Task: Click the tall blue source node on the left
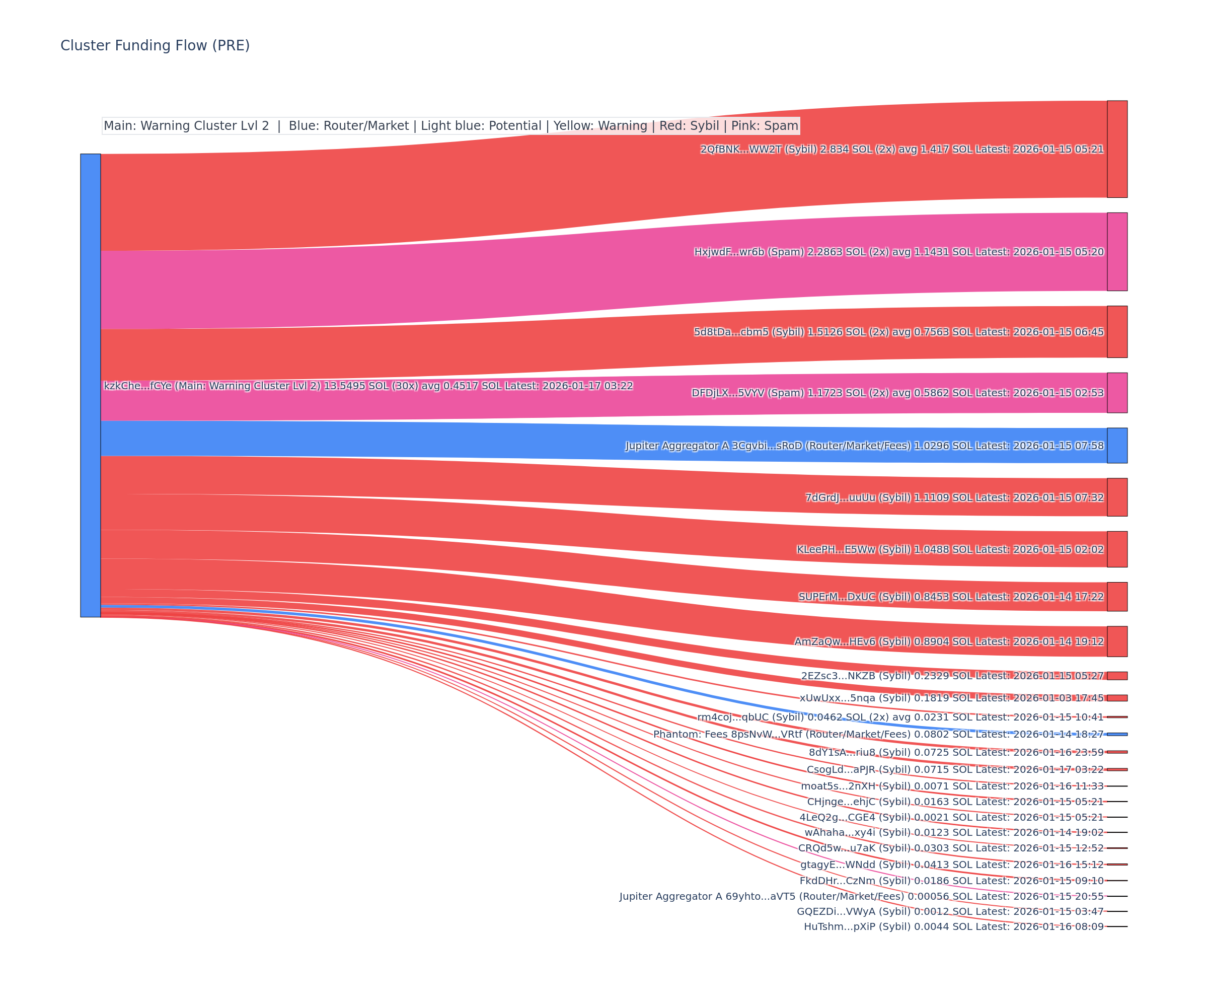90,385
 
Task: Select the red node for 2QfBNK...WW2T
1117,149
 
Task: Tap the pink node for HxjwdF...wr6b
1117,251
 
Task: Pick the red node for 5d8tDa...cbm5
1117,331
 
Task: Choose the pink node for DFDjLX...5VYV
1117,392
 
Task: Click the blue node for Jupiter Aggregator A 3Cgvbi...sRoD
1117,446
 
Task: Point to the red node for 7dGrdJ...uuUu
1117,497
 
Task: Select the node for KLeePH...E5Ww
1117,549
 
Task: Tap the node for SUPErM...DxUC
1117,597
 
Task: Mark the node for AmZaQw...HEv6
1117,641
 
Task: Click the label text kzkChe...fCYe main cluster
368,386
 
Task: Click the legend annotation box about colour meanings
450,126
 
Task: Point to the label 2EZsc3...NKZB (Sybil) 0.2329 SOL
952,676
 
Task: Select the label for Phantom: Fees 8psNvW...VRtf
878,734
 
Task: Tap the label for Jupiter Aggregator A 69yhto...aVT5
861,896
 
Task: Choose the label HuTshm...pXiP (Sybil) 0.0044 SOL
953,926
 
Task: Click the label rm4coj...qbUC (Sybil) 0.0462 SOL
900,717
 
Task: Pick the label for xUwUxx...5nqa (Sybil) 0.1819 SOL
951,698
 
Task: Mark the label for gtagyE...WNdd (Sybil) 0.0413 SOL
952,865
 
